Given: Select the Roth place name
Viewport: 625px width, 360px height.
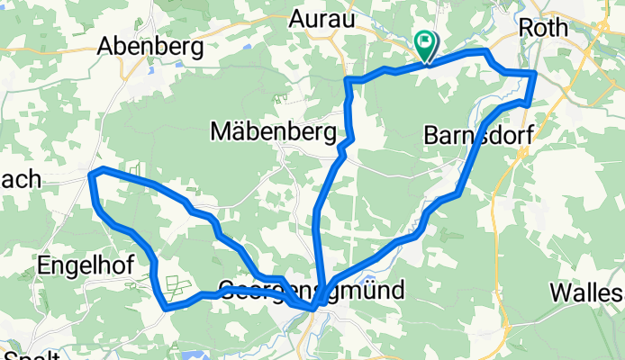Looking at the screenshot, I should pos(543,28).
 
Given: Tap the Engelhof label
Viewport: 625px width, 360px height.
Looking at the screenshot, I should pos(86,265).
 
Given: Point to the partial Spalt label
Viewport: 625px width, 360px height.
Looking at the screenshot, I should pos(32,354).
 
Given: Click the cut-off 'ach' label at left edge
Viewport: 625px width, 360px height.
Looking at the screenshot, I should pos(20,178).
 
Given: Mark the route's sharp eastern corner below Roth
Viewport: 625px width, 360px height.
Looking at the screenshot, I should pos(535,73).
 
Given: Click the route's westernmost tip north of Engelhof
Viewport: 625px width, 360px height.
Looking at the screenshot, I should pos(93,173).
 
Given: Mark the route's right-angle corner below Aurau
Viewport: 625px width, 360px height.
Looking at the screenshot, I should pos(349,81).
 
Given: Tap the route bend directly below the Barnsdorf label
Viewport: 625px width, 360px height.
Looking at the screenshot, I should pos(460,192).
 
